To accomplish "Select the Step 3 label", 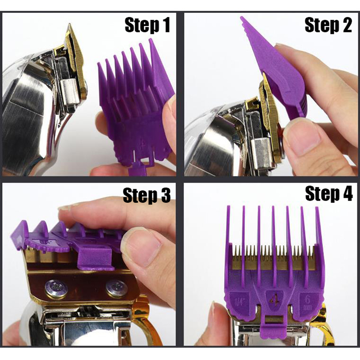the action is pos(147,195).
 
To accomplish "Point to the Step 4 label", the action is pos(329,194).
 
